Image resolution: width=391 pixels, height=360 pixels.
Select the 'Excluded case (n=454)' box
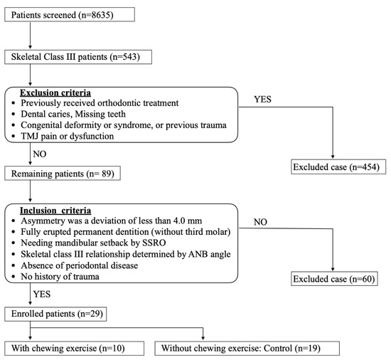tap(331, 167)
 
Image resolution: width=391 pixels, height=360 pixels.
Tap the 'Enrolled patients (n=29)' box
tap(62, 313)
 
